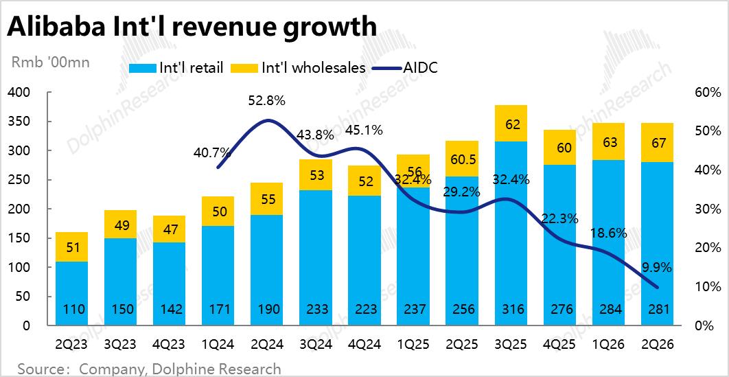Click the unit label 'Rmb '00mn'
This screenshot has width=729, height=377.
coord(51,62)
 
